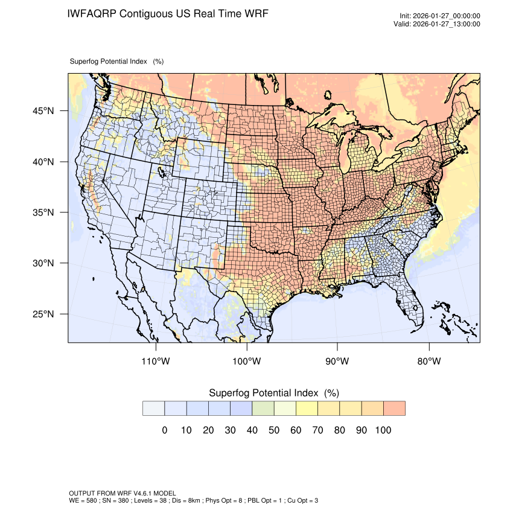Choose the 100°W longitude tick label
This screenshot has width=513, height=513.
(x=247, y=362)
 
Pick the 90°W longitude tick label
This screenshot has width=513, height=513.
(x=337, y=362)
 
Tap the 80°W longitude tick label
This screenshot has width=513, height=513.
(x=429, y=362)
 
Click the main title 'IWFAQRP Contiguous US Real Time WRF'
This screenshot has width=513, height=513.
(x=168, y=13)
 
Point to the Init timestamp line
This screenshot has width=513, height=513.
(x=440, y=16)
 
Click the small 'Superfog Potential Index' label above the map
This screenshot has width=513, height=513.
(x=116, y=62)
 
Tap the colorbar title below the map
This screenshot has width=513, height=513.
(x=273, y=393)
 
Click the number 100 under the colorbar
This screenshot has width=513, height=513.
(x=383, y=430)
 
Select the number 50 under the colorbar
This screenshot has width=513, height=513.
(x=273, y=430)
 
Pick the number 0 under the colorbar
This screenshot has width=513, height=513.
(x=164, y=430)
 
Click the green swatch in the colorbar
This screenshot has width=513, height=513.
(x=263, y=409)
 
